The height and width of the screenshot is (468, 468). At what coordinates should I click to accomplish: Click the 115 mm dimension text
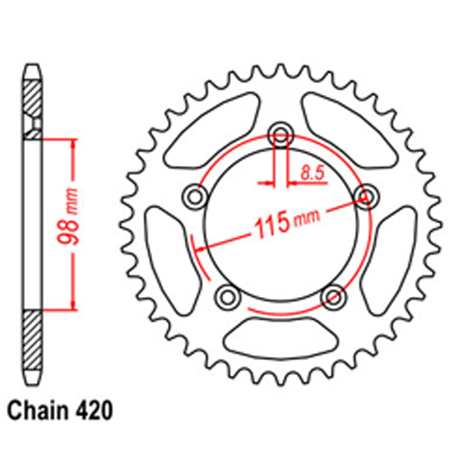tap(286, 222)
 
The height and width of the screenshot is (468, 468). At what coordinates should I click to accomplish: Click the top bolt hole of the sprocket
tap(281, 132)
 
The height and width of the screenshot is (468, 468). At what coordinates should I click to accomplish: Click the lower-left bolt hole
tap(227, 296)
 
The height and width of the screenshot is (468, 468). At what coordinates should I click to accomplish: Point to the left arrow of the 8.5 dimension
tap(268, 183)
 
